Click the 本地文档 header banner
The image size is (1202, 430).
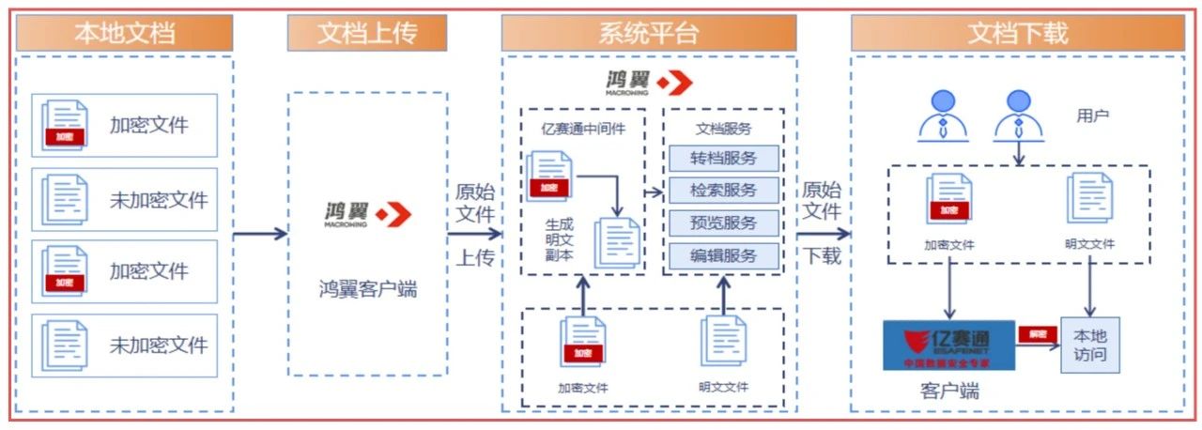click(124, 34)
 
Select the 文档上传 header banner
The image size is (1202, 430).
click(367, 34)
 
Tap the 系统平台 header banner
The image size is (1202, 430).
click(649, 34)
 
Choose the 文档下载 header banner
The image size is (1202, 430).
click(1018, 34)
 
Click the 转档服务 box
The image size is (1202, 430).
click(724, 158)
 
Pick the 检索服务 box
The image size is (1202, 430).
click(724, 190)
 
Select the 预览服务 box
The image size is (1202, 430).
click(724, 223)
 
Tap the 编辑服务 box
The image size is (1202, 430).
click(724, 255)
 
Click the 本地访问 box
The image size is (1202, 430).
click(1090, 345)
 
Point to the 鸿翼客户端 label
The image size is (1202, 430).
click(367, 289)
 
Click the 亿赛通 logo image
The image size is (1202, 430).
click(948, 345)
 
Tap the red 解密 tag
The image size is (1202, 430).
click(1037, 333)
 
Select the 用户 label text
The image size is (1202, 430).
click(1092, 116)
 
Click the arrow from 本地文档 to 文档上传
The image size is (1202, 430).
click(259, 234)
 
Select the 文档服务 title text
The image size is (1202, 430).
click(724, 129)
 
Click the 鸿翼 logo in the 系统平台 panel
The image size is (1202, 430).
click(649, 83)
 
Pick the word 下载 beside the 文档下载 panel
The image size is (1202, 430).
click(823, 255)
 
